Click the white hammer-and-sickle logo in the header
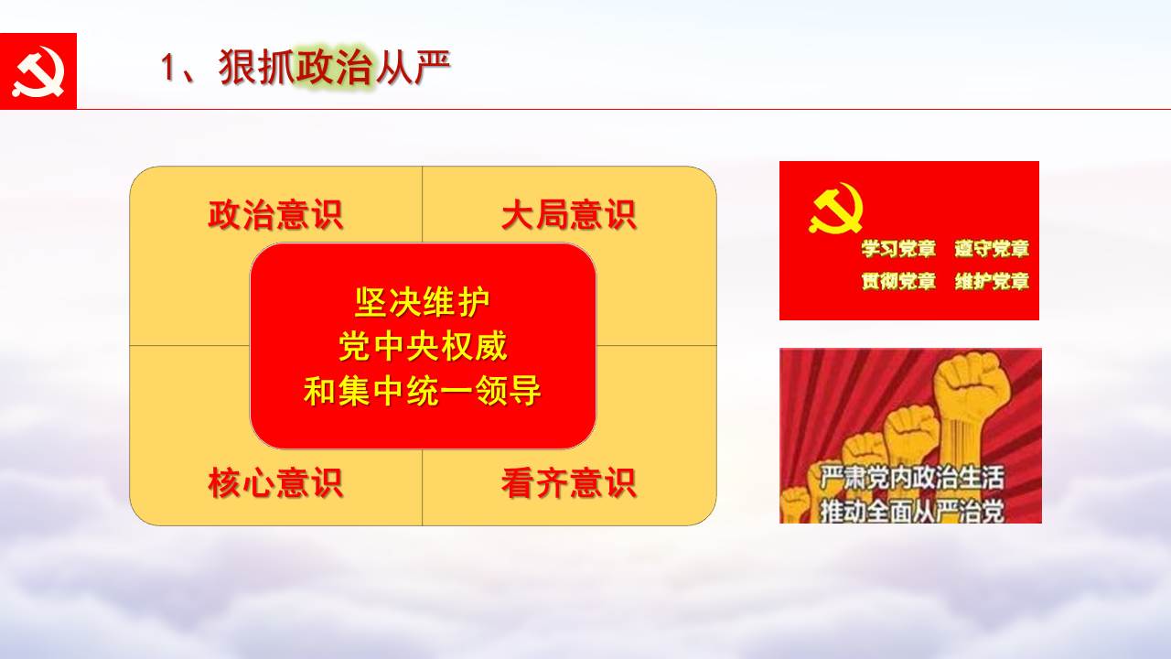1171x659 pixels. pyautogui.click(x=38, y=71)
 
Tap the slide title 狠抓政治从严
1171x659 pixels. pyautogui.click(x=335, y=67)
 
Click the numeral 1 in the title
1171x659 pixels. pyautogui.click(x=167, y=68)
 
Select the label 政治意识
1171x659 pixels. pyautogui.click(x=275, y=214)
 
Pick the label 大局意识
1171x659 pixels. pyautogui.click(x=569, y=214)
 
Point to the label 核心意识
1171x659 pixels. pyautogui.click(x=275, y=482)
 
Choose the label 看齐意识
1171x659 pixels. pyautogui.click(x=569, y=482)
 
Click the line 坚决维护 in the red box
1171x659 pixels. pyautogui.click(x=423, y=302)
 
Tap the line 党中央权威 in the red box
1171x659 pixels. pyautogui.click(x=423, y=346)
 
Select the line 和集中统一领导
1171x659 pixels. pyautogui.click(x=423, y=391)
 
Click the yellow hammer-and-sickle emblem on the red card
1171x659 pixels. pyautogui.click(x=835, y=208)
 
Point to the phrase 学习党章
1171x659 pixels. pyautogui.click(x=898, y=248)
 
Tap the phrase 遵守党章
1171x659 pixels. pyautogui.click(x=992, y=248)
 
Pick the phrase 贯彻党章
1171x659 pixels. pyautogui.click(x=898, y=281)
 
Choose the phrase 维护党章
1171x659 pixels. pyautogui.click(x=992, y=281)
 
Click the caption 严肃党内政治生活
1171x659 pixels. pyautogui.click(x=912, y=477)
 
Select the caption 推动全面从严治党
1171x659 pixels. pyautogui.click(x=912, y=511)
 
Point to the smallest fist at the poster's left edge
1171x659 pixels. pyautogui.click(x=795, y=504)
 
